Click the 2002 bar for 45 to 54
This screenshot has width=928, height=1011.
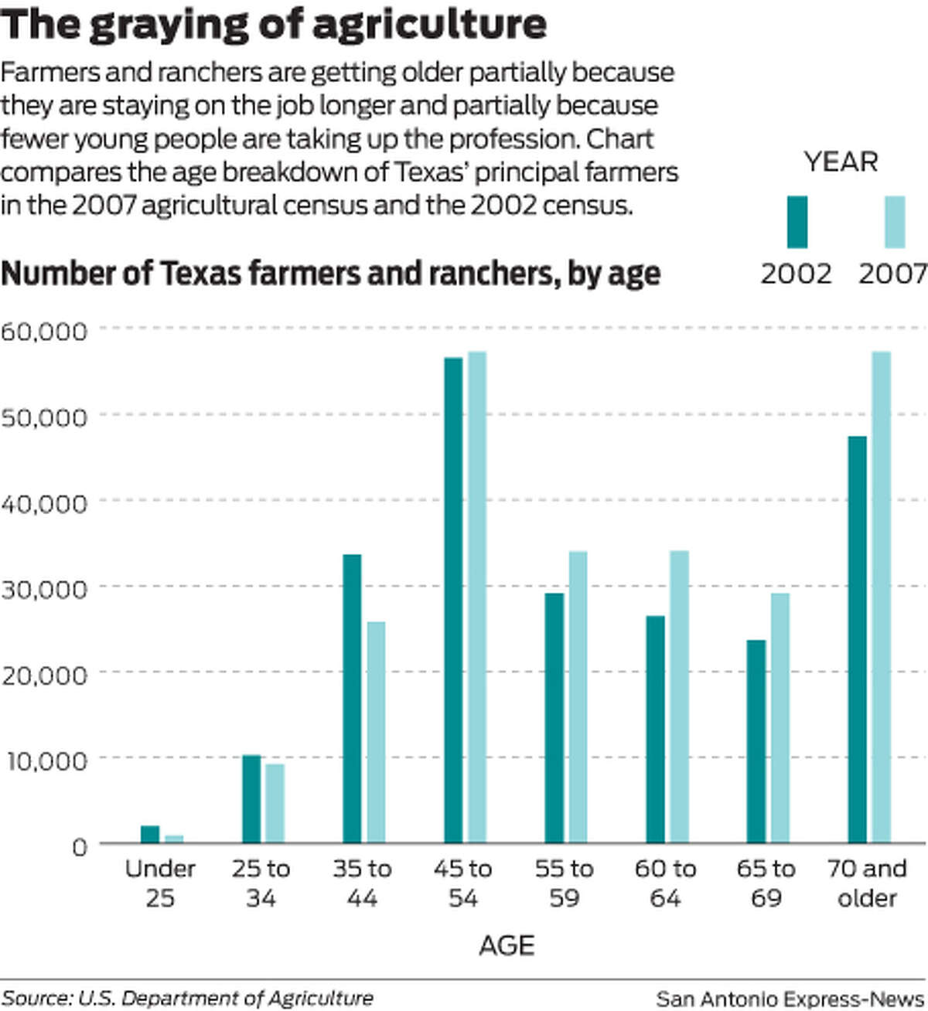coord(453,600)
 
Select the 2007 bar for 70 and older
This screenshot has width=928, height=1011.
coord(881,597)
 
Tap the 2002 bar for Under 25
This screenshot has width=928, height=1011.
coord(150,834)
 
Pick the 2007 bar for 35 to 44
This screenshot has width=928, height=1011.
coord(376,732)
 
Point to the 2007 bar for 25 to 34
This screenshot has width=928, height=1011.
coord(275,803)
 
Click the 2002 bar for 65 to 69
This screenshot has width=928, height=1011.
coord(756,741)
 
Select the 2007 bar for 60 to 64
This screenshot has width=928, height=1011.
coord(679,696)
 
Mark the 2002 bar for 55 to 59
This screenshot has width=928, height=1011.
coord(554,717)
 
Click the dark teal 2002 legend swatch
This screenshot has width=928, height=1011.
coord(797,222)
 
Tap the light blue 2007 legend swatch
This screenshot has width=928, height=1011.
coord(894,222)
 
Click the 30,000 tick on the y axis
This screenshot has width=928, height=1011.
coord(44,589)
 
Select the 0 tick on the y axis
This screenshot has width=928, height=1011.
coord(80,846)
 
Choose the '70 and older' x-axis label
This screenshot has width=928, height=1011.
coord(866,883)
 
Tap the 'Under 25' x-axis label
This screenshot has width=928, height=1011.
coord(160,883)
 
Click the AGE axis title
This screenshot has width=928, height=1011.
coord(507,945)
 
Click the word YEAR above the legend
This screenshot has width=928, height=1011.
coord(841,162)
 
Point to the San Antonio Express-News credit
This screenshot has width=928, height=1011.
coord(790,998)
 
